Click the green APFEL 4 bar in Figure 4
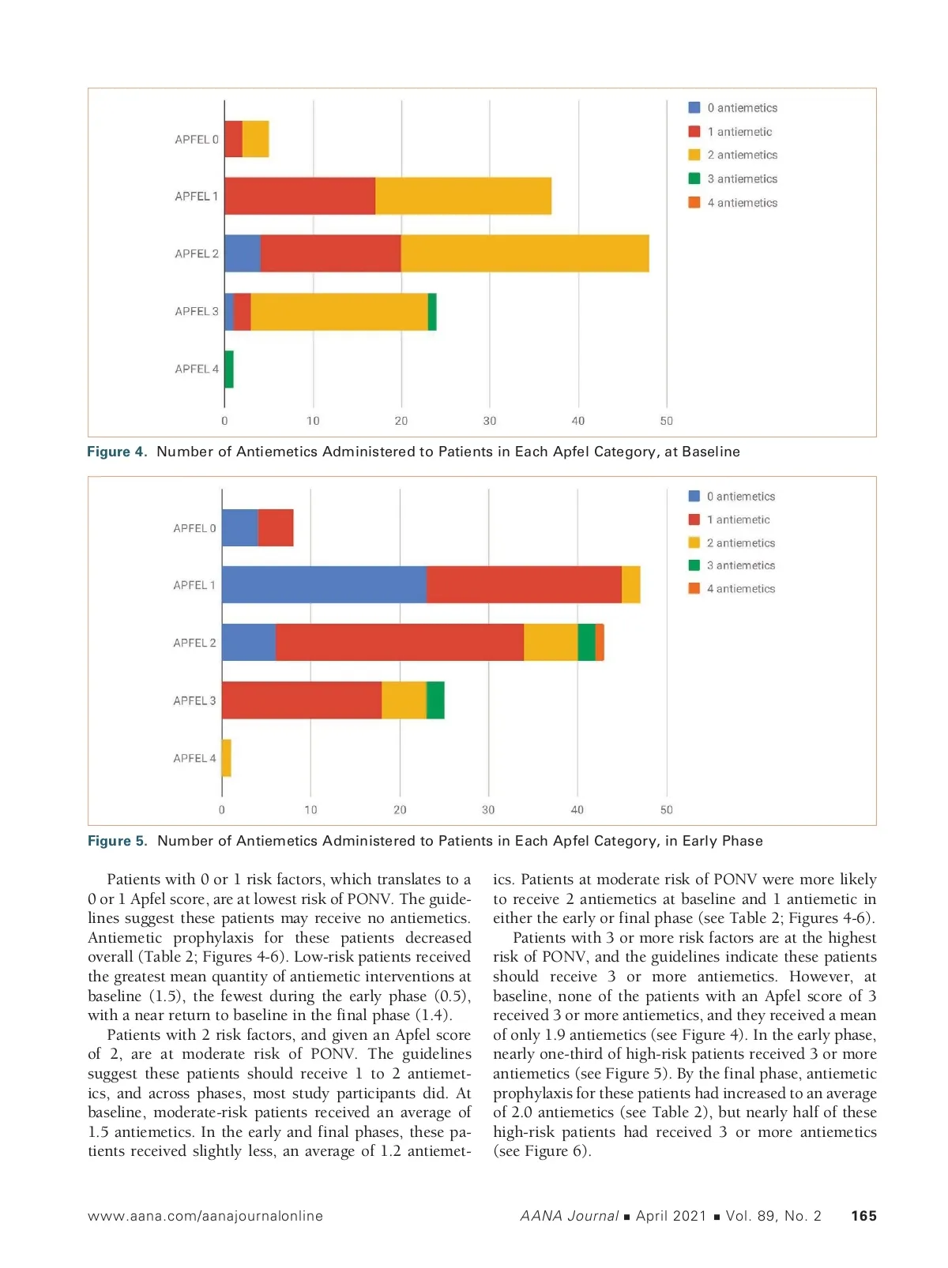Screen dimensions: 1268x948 pos(229,369)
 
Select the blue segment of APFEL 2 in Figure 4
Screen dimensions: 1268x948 pos(243,253)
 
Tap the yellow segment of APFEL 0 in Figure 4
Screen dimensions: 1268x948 pos(255,139)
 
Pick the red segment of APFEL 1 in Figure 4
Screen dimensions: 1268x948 pos(300,196)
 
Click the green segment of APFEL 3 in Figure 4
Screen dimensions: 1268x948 pos(432,311)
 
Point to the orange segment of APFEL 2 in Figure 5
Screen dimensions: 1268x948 pos(600,642)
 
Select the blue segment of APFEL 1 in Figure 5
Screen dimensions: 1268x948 pos(324,584)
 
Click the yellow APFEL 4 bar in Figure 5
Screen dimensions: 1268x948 pos(227,758)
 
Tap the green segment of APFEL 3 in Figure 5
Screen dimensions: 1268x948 pos(435,700)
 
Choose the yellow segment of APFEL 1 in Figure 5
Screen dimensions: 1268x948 pos(631,584)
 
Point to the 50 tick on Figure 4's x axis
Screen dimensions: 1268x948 pos(667,421)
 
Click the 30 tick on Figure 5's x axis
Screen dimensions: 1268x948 pos(488,809)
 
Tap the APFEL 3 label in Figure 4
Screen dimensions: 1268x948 pos(197,311)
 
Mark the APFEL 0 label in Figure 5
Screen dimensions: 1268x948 pos(194,528)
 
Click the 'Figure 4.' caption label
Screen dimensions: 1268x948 pos(117,452)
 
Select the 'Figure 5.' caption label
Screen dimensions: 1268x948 pos(117,841)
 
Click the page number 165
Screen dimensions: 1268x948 pos(863,1216)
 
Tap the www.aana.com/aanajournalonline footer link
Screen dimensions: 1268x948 pos(205,1216)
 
